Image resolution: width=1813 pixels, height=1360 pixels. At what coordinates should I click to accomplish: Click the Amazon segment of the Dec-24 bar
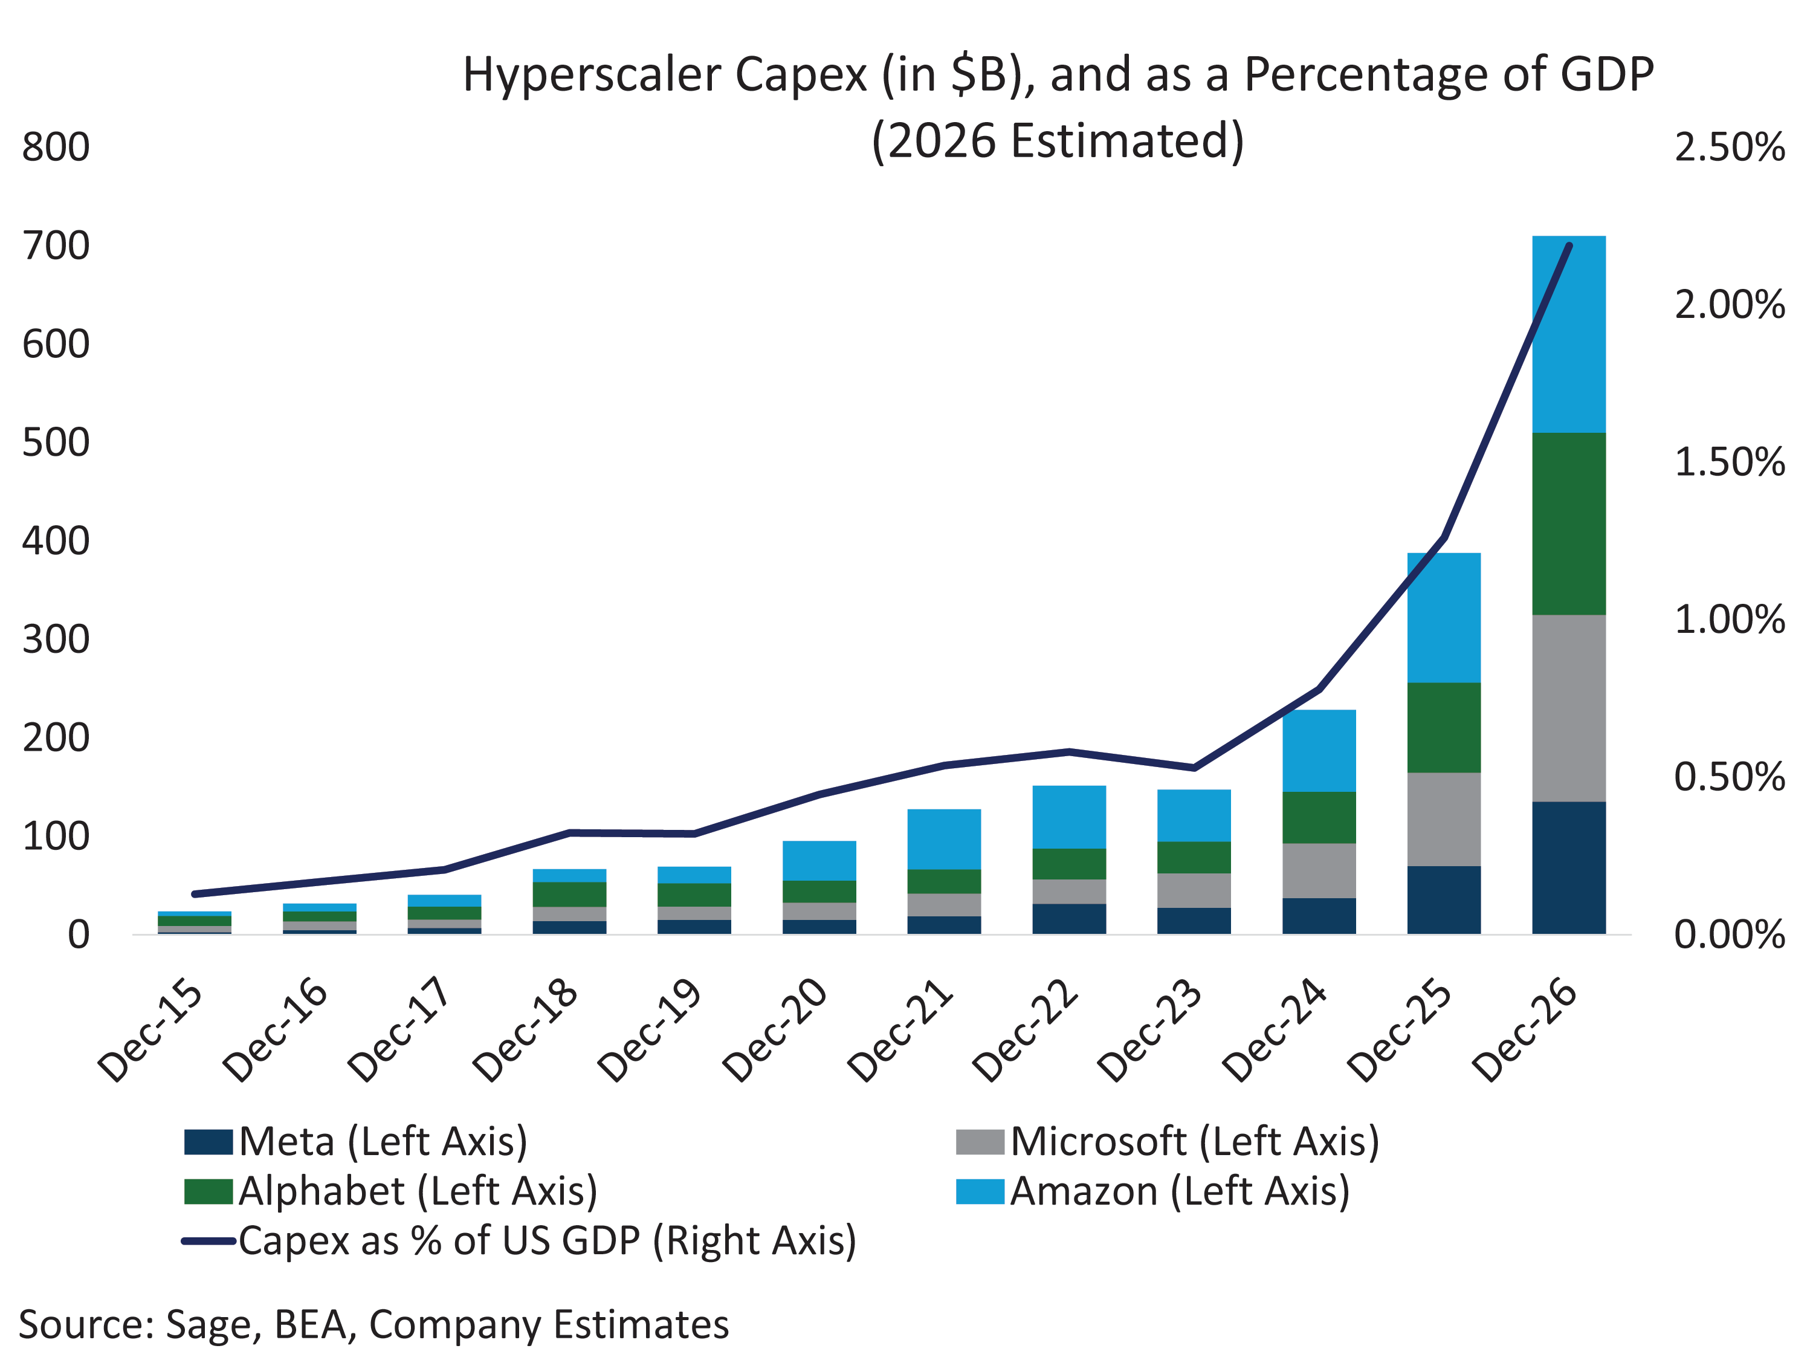(x=1319, y=750)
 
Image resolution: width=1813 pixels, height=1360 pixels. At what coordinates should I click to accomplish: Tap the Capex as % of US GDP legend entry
(x=519, y=1240)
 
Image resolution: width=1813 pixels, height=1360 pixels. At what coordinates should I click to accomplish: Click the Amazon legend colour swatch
(x=980, y=1191)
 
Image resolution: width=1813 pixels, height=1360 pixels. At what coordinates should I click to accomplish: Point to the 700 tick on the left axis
(x=56, y=246)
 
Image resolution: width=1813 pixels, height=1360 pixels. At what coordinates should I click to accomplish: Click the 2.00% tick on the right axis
(x=1730, y=305)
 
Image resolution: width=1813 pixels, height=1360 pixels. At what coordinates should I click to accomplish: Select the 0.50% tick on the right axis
(x=1730, y=777)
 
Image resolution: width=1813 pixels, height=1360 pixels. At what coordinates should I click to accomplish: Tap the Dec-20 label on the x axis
(x=775, y=1031)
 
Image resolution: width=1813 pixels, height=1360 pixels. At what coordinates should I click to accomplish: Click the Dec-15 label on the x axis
(x=150, y=1031)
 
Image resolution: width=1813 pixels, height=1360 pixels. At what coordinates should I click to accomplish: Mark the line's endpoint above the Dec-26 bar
(x=1569, y=245)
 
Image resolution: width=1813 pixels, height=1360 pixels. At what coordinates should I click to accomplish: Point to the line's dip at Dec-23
(x=1194, y=768)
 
